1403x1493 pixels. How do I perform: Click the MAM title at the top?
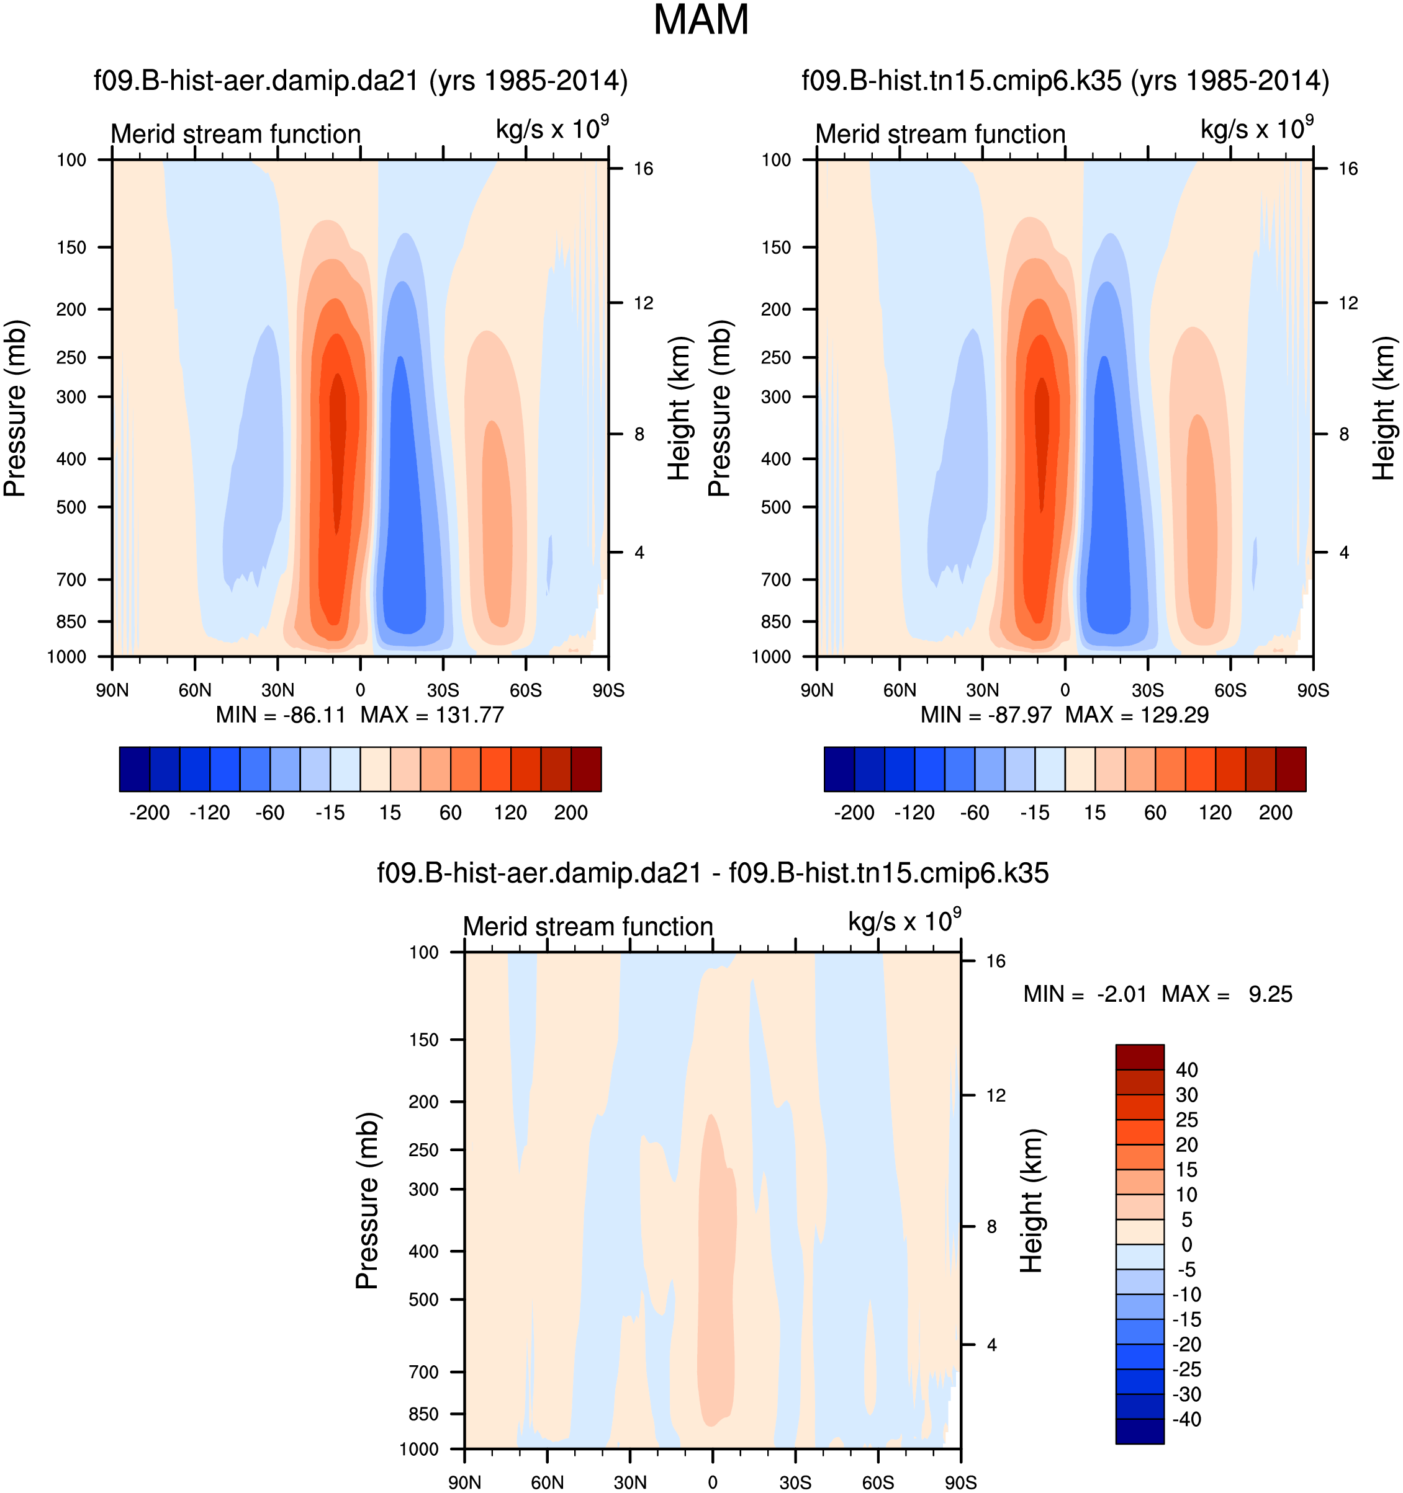pos(700,20)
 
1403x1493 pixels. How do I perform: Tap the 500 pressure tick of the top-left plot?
pos(71,507)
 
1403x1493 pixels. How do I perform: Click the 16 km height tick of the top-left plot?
pos(643,169)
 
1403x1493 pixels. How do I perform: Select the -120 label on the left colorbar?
pos(209,813)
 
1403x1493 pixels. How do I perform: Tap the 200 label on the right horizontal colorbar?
pos(1275,813)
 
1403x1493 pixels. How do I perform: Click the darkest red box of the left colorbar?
pos(586,769)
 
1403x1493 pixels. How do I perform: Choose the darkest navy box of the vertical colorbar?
pos(1139,1432)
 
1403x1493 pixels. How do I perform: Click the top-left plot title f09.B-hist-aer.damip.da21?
pos(360,81)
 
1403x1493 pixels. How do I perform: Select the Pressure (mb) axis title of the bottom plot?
pos(368,1201)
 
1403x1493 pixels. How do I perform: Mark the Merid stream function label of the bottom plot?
pos(588,927)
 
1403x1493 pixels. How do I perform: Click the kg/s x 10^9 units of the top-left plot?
pos(552,129)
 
